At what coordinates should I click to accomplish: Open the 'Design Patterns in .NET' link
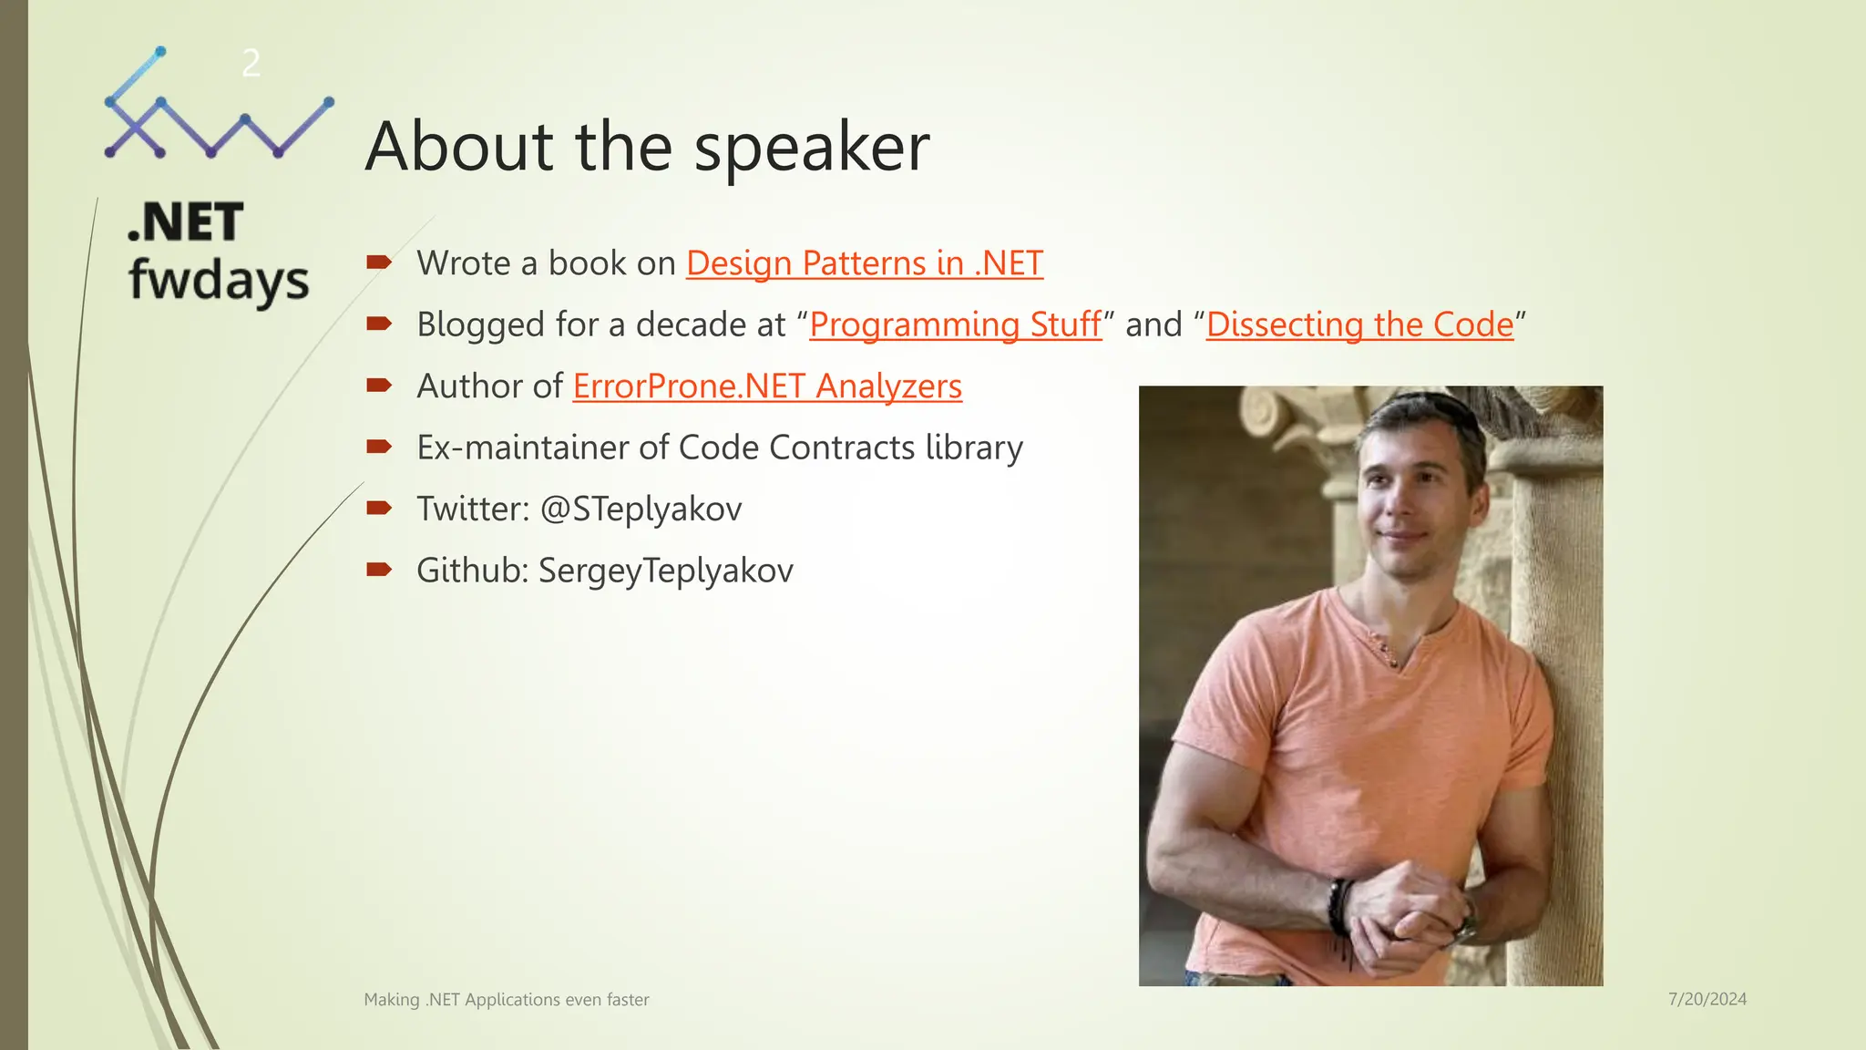pos(864,263)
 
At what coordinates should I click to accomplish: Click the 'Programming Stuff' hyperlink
pos(955,324)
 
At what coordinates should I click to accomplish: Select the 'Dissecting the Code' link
pos(1359,324)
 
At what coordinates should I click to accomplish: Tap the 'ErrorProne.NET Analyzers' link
pos(767,386)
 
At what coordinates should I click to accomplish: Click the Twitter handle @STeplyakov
pos(641,509)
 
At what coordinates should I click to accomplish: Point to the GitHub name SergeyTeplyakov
pos(665,571)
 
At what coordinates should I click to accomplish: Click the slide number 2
pos(251,64)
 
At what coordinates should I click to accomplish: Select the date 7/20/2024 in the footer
pos(1707,999)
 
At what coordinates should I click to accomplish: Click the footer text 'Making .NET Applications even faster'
pos(507,1000)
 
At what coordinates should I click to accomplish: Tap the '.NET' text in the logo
pos(186,222)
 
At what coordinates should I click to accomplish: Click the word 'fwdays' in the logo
pos(219,281)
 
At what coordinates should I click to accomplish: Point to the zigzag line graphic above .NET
pos(219,118)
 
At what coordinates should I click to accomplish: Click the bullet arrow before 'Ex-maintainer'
pos(379,447)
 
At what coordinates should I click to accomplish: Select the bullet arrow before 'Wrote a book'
pos(379,262)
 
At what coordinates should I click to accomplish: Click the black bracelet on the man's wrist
pos(1338,907)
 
